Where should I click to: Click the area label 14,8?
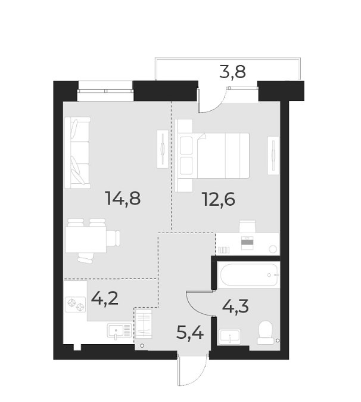click(123, 199)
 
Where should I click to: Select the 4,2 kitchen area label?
click(104, 296)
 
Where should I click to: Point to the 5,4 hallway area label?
click(190, 332)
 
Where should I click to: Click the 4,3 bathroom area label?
click(235, 308)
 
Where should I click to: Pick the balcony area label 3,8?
click(233, 73)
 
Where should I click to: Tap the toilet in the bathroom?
click(264, 332)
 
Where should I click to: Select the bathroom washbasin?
click(229, 337)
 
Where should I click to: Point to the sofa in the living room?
click(77, 153)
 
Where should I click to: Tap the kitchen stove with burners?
click(76, 305)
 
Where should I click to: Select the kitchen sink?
click(118, 330)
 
